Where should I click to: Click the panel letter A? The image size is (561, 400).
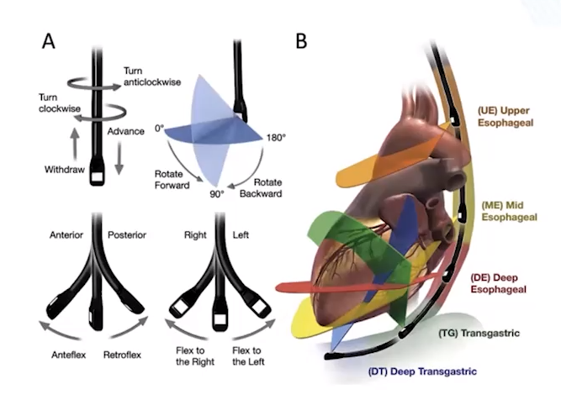coord(50,41)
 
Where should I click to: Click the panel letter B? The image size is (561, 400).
coord(300,39)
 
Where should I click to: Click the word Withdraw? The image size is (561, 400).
coord(66,170)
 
